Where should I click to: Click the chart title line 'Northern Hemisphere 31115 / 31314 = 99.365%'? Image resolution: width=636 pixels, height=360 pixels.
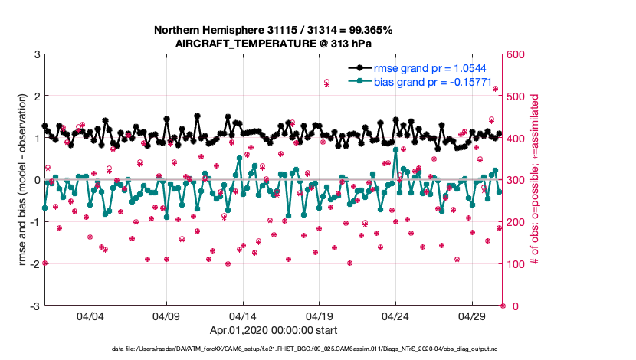(274, 30)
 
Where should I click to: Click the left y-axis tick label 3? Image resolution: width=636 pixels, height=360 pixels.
(36, 55)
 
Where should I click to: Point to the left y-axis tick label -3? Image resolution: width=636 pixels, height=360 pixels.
(34, 306)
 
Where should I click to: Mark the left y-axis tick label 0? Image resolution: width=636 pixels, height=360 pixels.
(36, 181)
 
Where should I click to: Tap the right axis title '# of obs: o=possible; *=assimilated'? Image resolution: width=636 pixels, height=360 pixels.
(536, 181)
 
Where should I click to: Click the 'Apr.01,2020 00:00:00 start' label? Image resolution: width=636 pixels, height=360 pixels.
(274, 332)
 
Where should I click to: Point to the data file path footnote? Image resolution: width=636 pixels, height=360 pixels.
(317, 349)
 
